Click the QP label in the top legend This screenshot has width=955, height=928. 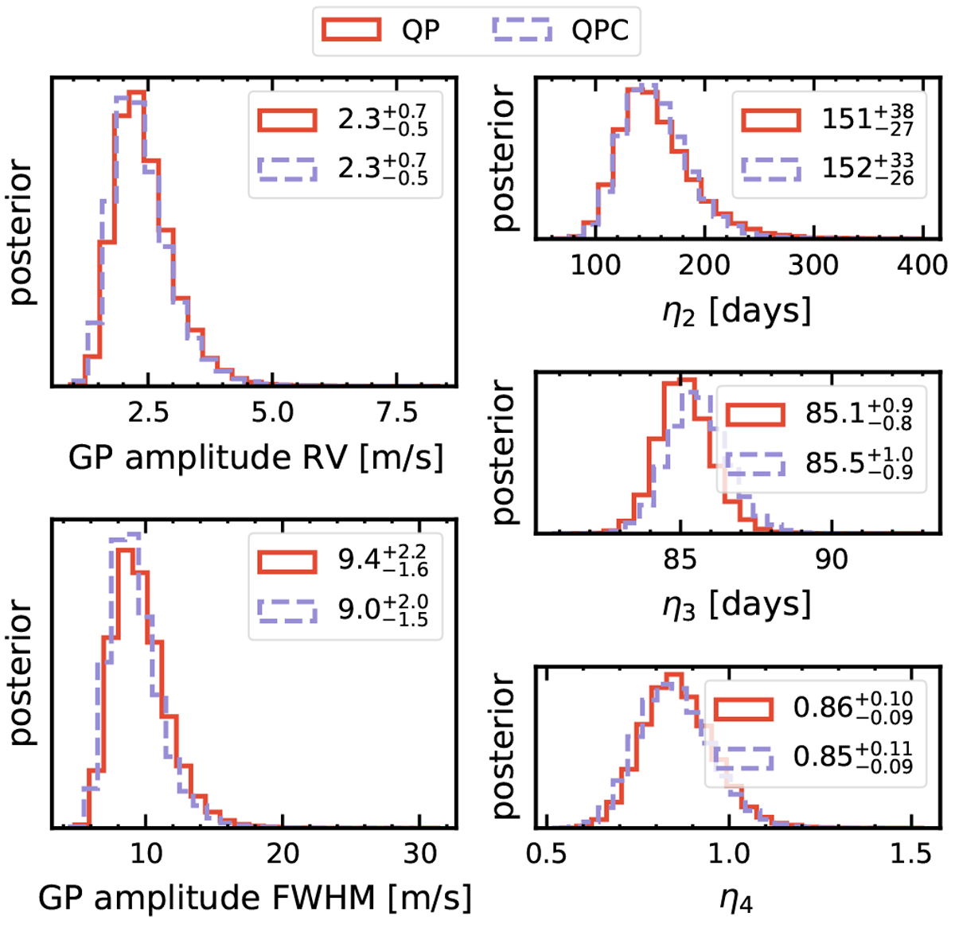pos(421,31)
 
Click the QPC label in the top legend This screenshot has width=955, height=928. pos(600,31)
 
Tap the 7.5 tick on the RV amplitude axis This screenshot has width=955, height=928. pos(396,412)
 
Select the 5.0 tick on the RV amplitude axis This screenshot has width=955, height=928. pos(272,412)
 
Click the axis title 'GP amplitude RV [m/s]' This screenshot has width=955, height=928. pos(255,458)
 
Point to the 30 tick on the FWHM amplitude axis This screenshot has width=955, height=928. pos(420,853)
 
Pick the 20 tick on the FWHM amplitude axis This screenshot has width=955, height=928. pos(283,853)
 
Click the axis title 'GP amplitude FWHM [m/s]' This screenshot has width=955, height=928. pos(255,898)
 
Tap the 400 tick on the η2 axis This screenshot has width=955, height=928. pos(922,264)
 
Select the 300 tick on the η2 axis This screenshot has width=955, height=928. pos(813,264)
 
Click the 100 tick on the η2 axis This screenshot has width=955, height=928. pos(595,264)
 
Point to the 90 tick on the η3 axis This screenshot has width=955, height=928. pos(831,560)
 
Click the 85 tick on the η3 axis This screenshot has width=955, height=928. pos(680,560)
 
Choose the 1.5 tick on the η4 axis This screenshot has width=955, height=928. pos(909,854)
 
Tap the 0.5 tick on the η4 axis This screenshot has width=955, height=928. pos(548,854)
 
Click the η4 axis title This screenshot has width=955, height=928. pos(736,900)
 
